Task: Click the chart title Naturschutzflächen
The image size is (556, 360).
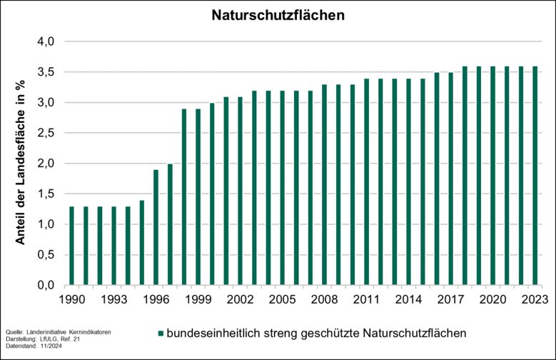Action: coord(277,15)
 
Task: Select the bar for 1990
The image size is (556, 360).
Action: coord(71,246)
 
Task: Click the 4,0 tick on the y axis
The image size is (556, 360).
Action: coord(46,41)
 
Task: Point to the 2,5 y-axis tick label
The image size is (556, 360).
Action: coord(46,133)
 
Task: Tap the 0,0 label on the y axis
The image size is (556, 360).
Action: coord(46,286)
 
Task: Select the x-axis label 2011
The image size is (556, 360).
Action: coord(366,300)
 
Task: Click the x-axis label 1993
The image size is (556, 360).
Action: coord(113,300)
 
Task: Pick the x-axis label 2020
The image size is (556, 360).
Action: coord(492,300)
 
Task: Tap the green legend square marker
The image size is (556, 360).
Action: coord(161,333)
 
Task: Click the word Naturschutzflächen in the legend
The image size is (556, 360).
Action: coord(414,333)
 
